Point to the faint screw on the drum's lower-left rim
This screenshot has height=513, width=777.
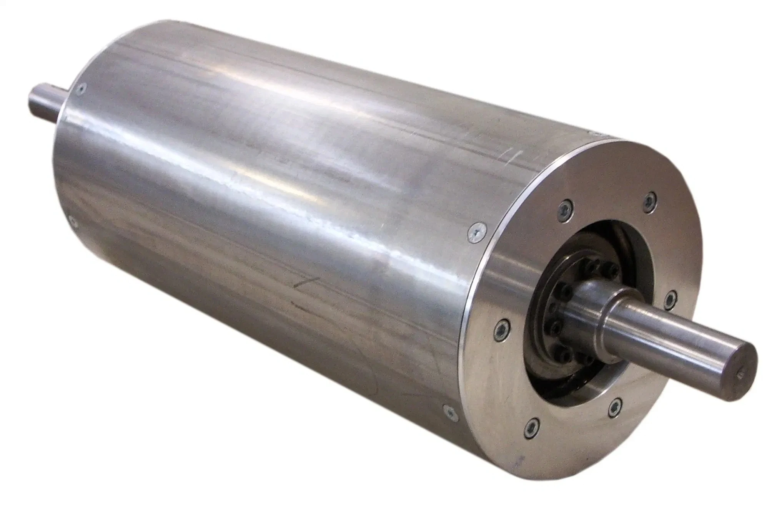(72, 218)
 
